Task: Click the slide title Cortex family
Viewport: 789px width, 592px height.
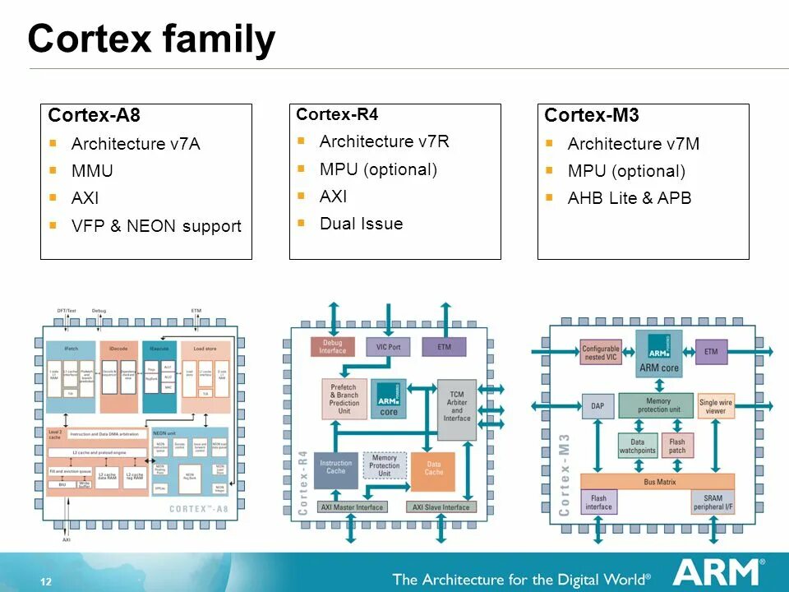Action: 151,39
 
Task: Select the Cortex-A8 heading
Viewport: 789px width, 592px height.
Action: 88,115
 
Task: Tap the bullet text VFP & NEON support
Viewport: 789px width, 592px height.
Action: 156,225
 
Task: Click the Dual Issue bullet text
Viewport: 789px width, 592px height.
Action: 361,224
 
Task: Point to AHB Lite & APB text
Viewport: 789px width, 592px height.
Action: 629,198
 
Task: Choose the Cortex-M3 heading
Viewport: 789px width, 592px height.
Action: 591,115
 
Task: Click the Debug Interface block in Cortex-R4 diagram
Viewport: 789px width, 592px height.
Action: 332,347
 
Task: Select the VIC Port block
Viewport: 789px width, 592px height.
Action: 388,347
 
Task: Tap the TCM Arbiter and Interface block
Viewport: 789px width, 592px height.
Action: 457,400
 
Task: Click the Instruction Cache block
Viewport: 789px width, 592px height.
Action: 336,467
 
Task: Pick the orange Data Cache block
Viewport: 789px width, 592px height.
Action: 433,467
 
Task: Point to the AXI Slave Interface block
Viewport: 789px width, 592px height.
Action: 441,507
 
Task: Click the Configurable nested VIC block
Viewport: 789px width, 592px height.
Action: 600,353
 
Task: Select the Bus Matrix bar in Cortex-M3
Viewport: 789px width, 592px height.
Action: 658,482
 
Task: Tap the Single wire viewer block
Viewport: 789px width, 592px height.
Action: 716,406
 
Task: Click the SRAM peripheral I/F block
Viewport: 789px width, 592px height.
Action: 713,502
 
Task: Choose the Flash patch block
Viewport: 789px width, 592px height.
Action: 677,446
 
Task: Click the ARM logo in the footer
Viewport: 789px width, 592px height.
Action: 717,572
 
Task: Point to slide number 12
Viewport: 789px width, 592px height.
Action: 46,582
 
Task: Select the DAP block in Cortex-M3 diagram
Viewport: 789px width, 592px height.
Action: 598,405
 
